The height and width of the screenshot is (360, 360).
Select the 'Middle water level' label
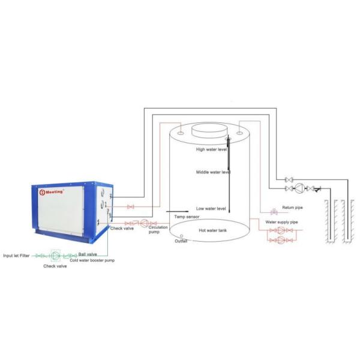tap(213, 172)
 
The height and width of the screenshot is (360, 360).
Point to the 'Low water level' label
tap(211, 208)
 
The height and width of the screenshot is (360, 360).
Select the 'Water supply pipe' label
tap(282, 222)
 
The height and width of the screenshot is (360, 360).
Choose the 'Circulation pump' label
tap(157, 230)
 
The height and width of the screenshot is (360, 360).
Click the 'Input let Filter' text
tap(16, 254)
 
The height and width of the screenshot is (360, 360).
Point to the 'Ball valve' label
tap(87, 254)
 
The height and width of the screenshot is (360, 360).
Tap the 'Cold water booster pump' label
tap(92, 260)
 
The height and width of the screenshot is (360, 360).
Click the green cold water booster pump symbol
tap(56, 255)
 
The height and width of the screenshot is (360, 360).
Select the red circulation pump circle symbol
tap(143, 223)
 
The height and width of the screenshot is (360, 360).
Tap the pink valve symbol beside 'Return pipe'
tap(274, 211)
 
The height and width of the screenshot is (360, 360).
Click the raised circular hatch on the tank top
tap(209, 130)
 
